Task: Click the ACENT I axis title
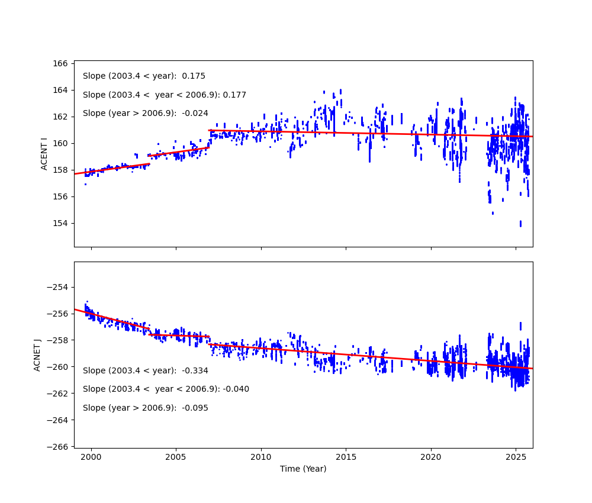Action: [44, 154]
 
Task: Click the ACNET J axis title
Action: [37, 355]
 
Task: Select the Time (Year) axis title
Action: [303, 469]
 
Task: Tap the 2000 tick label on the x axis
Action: [91, 457]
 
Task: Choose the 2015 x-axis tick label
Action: [346, 457]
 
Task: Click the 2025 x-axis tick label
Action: [515, 457]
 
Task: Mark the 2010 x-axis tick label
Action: [260, 457]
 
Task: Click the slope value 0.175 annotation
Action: [194, 76]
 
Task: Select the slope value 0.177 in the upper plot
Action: [235, 95]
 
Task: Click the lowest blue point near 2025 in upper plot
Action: [520, 224]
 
